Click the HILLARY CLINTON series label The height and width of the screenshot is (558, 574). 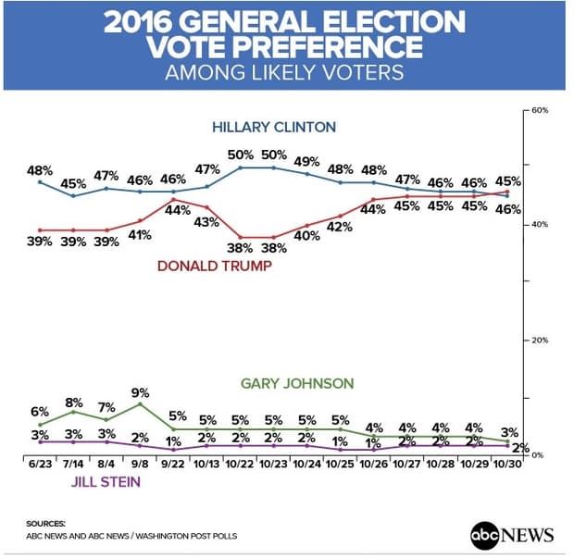click(273, 127)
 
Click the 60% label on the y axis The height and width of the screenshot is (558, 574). click(541, 110)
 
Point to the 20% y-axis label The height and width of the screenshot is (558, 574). click(541, 341)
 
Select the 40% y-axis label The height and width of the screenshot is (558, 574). click(541, 225)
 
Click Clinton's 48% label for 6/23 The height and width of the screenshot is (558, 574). click(40, 170)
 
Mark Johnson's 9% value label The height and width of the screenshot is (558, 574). click(140, 391)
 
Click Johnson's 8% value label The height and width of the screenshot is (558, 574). click(74, 403)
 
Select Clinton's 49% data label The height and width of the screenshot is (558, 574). click(306, 161)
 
